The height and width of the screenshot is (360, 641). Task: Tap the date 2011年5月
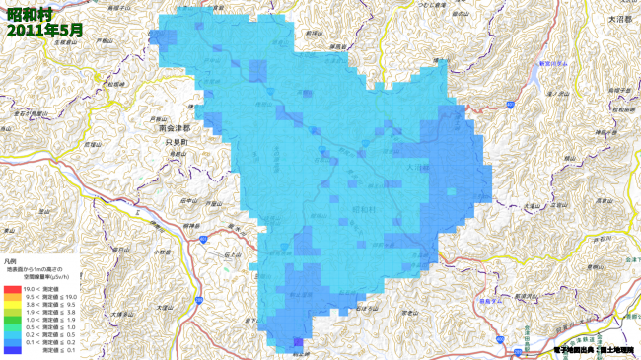[43, 30]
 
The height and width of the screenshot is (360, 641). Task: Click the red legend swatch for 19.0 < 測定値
[13, 289]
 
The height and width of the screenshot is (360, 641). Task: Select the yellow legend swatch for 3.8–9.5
[13, 305]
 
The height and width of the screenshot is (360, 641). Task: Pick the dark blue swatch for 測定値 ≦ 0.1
[13, 350]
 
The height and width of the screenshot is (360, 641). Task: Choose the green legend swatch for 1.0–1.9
[13, 320]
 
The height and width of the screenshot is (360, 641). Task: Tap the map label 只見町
[176, 142]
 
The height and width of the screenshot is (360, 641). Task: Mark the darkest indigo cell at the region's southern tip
[298, 341]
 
